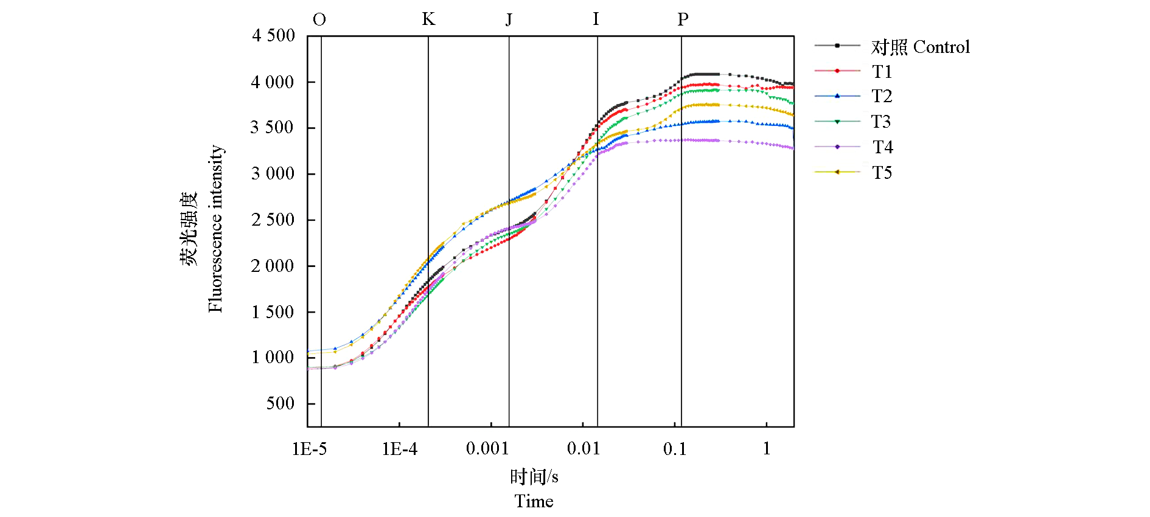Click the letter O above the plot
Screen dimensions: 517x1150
(319, 20)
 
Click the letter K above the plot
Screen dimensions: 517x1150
(428, 19)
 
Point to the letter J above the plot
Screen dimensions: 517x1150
(509, 20)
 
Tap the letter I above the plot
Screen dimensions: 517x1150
(596, 19)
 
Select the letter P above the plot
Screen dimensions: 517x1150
(683, 20)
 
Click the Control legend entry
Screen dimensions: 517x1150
(920, 47)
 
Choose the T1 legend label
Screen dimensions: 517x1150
(882, 72)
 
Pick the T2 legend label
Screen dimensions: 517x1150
(882, 96)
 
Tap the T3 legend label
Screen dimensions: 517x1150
(881, 122)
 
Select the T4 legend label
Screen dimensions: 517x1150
(882, 147)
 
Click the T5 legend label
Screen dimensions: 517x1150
(882, 173)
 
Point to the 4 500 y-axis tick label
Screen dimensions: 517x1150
(273, 35)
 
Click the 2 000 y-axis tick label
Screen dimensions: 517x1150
(273, 266)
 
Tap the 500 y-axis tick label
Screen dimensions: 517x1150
(280, 403)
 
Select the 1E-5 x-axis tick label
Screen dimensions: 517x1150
(309, 449)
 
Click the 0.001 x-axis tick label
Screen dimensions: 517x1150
(487, 449)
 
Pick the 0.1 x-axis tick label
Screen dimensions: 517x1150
(675, 449)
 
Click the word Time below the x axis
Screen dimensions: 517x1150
(534, 501)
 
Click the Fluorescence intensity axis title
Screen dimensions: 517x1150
(215, 229)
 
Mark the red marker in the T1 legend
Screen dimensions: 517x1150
(837, 71)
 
